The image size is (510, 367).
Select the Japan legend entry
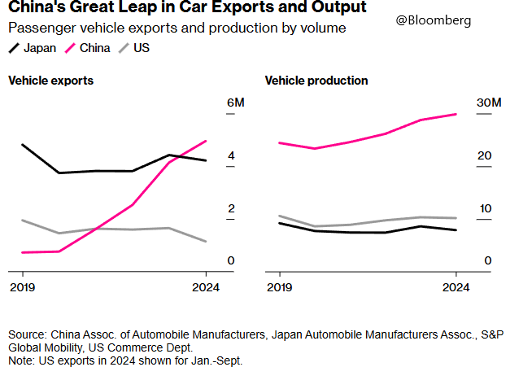pyautogui.click(x=35, y=48)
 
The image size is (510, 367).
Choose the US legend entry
pyautogui.click(x=141, y=48)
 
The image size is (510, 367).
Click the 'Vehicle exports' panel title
pyautogui.click(x=50, y=81)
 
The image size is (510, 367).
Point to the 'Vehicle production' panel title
pyautogui.click(x=316, y=81)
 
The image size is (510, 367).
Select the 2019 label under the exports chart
pyautogui.click(x=22, y=287)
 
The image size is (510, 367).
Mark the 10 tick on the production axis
pyautogui.click(x=485, y=209)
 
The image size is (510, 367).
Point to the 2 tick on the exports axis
pyautogui.click(x=231, y=209)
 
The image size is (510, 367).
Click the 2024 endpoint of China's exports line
pyautogui.click(x=206, y=141)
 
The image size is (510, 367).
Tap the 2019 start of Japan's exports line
pyautogui.click(x=22, y=145)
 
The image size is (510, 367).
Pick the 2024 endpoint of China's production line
pyautogui.click(x=456, y=114)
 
